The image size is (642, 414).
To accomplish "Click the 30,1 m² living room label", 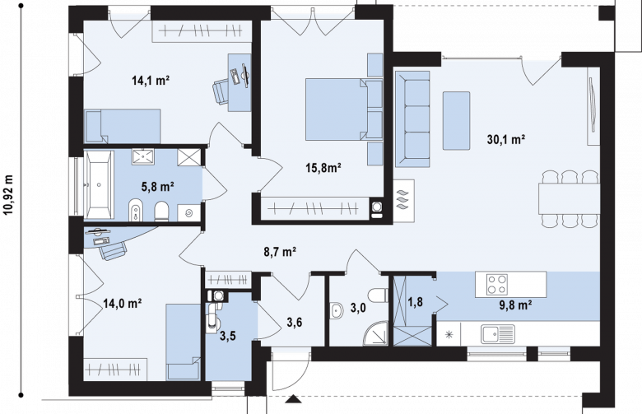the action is pos(506,140).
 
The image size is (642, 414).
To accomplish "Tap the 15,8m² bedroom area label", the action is pos(323,167).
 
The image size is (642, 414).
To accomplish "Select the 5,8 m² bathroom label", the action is pos(158,187).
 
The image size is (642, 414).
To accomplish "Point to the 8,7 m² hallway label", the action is pos(280,251).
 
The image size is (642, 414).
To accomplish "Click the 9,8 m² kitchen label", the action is pos(515,305).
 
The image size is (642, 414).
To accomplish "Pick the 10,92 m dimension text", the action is pos(8,195).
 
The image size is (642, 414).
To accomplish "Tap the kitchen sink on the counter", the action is pos(498,333).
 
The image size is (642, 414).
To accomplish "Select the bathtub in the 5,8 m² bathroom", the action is pos(99,184).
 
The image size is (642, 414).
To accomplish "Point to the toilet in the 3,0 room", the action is pos(378,295).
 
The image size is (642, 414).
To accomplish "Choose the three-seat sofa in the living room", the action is pos(412,119).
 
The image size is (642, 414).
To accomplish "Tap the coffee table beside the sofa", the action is pos(456,121).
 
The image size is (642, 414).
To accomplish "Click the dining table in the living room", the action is pos(569,198).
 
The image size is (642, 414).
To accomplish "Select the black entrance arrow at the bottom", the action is pos(292,399).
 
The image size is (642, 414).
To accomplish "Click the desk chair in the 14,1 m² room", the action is pos(221,91).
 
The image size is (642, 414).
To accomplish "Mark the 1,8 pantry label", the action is pos(415,302).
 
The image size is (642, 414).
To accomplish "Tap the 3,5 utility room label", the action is pos(228,336).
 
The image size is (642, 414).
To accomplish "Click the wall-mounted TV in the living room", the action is pos(592,105).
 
